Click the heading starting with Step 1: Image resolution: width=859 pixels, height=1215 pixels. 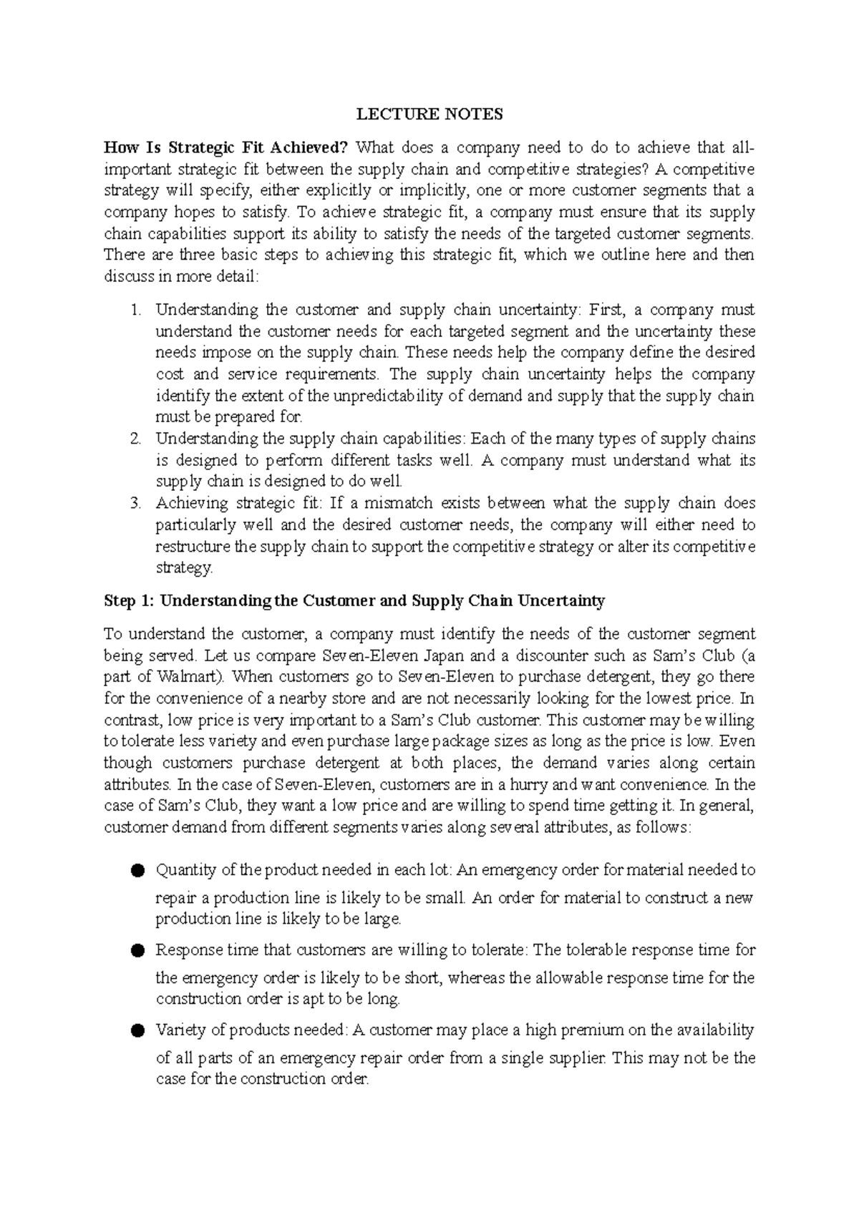[x=354, y=601]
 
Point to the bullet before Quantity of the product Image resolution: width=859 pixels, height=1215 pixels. [x=138, y=871]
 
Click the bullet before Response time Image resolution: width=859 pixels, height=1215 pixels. [x=138, y=951]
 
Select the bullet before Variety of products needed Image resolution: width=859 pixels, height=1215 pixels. [x=138, y=1031]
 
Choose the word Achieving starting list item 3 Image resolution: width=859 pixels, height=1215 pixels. [x=188, y=504]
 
